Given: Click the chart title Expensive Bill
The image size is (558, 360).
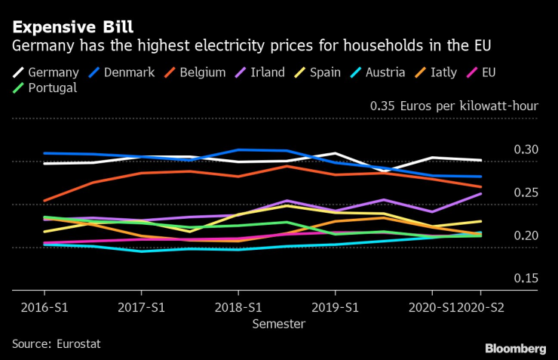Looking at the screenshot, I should (x=72, y=27).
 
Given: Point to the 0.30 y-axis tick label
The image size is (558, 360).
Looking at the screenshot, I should (x=525, y=149).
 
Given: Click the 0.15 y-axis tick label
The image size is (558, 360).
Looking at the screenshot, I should (x=525, y=278).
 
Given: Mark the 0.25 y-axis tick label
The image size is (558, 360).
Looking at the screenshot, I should (x=525, y=192).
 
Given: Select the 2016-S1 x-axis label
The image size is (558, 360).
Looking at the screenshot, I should (x=43, y=307).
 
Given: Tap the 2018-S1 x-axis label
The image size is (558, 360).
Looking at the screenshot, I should (x=238, y=307).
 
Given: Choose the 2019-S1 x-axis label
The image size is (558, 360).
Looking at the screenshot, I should (x=335, y=307).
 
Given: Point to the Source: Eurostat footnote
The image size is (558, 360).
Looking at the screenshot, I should (x=56, y=343).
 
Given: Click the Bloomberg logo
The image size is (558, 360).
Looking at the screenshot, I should (x=515, y=348).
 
